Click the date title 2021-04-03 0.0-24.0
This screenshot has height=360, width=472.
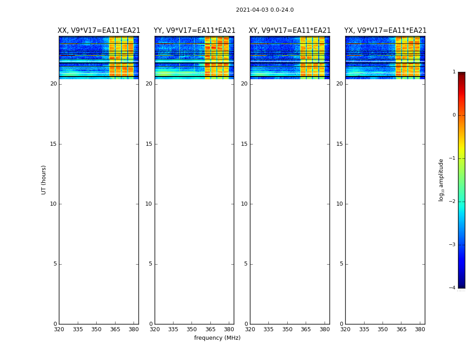tap(265, 10)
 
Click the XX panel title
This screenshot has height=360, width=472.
tap(99, 31)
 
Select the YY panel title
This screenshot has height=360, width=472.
tap(194, 31)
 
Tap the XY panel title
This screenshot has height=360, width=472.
tap(289, 31)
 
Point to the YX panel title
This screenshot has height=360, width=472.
tap(385, 31)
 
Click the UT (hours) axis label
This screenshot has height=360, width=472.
tap(44, 180)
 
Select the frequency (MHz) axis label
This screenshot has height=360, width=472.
tap(217, 338)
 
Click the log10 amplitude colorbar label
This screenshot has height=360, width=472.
tap(441, 180)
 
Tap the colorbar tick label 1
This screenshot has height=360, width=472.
tap(454, 72)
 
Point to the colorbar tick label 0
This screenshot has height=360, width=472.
tap(454, 115)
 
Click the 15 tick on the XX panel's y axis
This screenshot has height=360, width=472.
tap(53, 144)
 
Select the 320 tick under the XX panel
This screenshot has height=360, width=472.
tap(59, 330)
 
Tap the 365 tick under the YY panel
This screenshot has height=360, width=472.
tap(210, 330)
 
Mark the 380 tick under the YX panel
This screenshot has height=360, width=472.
tap(420, 330)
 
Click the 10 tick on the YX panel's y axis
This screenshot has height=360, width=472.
tap(339, 204)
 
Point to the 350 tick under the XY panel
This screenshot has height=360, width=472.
tap(287, 330)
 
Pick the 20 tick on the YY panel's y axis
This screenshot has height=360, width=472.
tap(149, 84)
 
